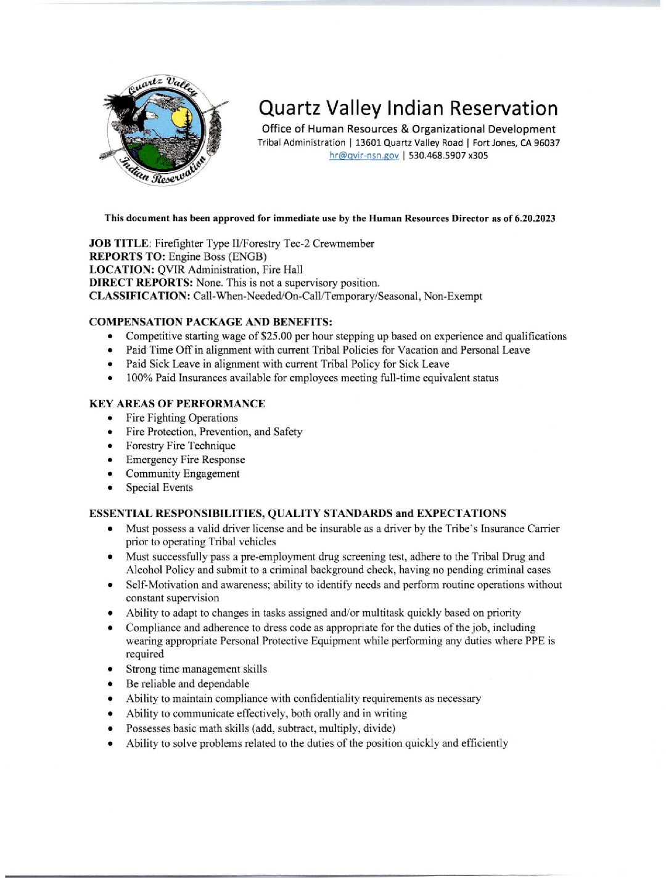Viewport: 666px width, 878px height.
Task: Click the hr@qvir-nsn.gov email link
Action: tap(364, 156)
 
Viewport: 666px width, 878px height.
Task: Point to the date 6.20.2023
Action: tap(535, 218)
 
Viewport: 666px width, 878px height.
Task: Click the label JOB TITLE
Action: tap(119, 243)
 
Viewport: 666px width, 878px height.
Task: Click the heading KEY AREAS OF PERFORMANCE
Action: tap(177, 404)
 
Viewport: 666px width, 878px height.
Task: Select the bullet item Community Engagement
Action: tap(183, 474)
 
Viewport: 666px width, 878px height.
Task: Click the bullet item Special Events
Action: tap(159, 487)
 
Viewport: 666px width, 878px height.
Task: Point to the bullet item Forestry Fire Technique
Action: tap(181, 445)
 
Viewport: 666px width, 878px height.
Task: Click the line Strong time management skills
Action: tap(196, 669)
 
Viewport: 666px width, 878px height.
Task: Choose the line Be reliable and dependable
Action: tap(187, 684)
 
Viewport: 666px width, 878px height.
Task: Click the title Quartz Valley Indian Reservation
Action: tap(408, 108)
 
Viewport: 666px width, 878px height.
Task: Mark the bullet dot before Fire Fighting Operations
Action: tap(110, 418)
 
